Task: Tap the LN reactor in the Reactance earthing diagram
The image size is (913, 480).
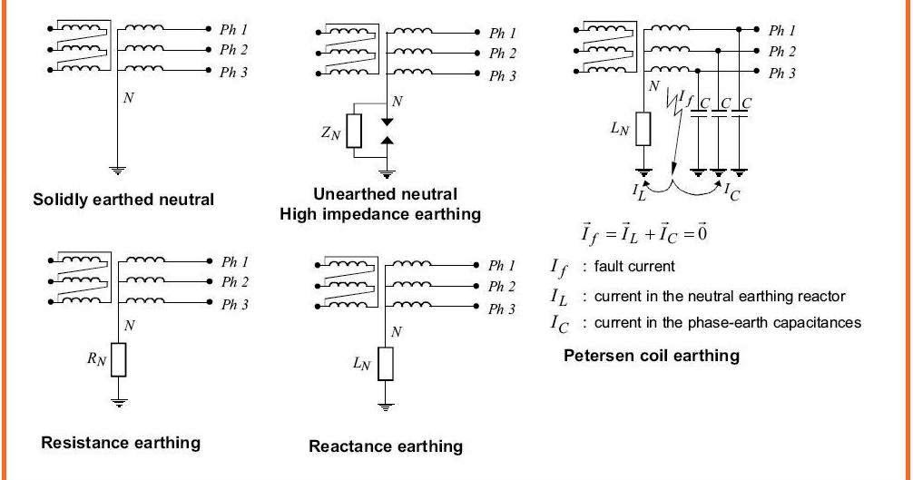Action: click(x=388, y=365)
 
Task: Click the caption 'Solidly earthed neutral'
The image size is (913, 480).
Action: click(x=123, y=199)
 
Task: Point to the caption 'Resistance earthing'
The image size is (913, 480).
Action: click(x=121, y=443)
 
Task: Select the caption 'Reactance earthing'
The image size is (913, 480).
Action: click(x=386, y=446)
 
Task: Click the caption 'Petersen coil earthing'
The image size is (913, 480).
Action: click(x=652, y=355)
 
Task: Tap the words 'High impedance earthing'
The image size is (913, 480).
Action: click(x=380, y=214)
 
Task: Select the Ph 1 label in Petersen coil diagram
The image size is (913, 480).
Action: click(x=781, y=31)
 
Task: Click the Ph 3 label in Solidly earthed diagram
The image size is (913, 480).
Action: click(x=233, y=73)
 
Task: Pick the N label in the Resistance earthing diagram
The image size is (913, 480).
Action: click(x=129, y=324)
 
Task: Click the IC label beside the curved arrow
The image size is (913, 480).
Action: click(x=732, y=191)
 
